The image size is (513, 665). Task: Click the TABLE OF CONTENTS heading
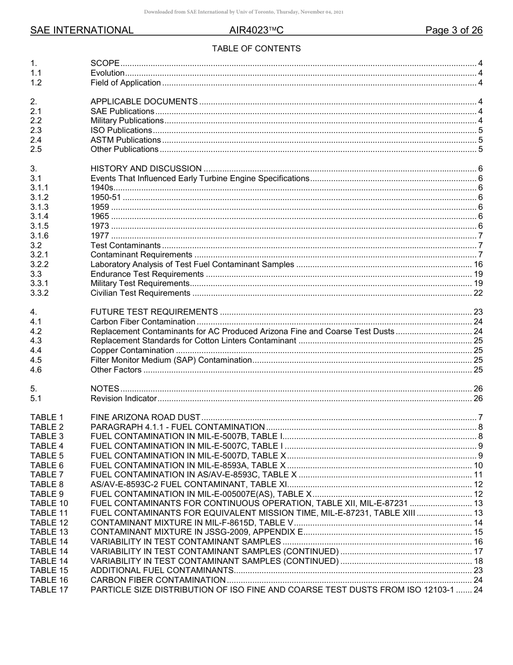(256, 49)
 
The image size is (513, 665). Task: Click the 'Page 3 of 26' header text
(454, 30)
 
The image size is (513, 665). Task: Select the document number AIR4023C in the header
(256, 30)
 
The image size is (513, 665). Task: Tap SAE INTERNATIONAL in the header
(82, 30)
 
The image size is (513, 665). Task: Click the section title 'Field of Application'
(125, 83)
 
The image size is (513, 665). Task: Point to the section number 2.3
(36, 130)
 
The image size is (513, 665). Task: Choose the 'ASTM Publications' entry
(125, 140)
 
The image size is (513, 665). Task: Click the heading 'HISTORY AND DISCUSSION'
(146, 169)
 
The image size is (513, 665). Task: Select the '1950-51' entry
(106, 197)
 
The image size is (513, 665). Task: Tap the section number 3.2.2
(39, 264)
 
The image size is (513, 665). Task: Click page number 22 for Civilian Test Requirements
(478, 293)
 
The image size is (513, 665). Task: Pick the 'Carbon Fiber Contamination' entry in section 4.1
(143, 322)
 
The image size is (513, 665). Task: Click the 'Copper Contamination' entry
(132, 350)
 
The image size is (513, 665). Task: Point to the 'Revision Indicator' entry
(123, 398)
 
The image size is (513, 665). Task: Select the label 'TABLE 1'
(47, 417)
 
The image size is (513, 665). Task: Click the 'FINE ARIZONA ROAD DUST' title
(145, 417)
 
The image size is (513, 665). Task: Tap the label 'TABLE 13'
(49, 532)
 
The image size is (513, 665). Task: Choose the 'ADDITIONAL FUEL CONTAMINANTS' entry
(161, 570)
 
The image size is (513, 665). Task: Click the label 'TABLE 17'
(49, 589)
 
